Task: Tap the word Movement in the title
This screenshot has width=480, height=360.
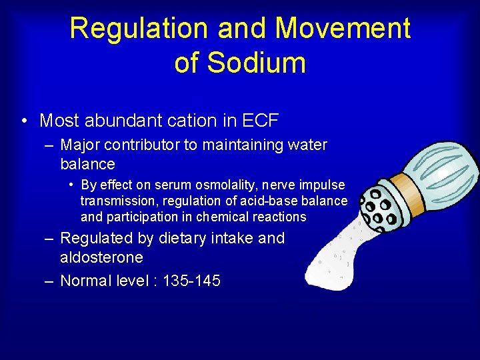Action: click(342, 29)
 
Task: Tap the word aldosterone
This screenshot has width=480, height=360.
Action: click(101, 257)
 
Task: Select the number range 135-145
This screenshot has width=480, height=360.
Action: click(191, 281)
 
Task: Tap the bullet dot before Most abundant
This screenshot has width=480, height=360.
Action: click(24, 121)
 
